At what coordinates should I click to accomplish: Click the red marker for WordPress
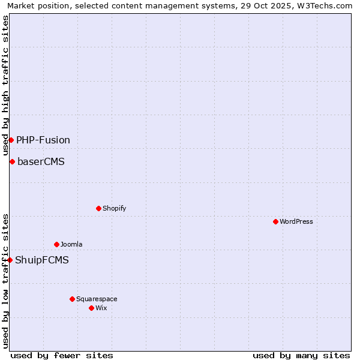click(x=275, y=221)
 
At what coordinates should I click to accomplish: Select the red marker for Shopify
click(x=98, y=208)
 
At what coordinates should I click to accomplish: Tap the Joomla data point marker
click(x=56, y=244)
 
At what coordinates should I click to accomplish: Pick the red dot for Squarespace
click(x=72, y=299)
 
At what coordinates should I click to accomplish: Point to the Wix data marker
click(x=91, y=308)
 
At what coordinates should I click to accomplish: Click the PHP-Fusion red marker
click(x=11, y=140)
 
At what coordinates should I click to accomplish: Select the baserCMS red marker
click(x=12, y=161)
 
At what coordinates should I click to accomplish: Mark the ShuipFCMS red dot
click(x=10, y=260)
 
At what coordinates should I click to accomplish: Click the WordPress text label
click(x=296, y=221)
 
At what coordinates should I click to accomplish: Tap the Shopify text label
click(x=114, y=208)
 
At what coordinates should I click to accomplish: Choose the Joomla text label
click(x=71, y=244)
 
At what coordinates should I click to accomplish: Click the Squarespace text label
click(x=97, y=299)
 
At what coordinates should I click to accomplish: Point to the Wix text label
click(x=101, y=308)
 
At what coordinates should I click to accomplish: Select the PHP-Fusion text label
click(x=43, y=140)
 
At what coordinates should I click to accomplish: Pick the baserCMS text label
click(x=41, y=161)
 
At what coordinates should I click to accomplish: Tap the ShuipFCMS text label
click(x=42, y=260)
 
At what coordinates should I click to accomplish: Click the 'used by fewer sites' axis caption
click(x=62, y=355)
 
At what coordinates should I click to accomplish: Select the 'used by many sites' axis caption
click(x=301, y=355)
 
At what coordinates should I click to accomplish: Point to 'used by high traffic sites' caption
click(x=5, y=85)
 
